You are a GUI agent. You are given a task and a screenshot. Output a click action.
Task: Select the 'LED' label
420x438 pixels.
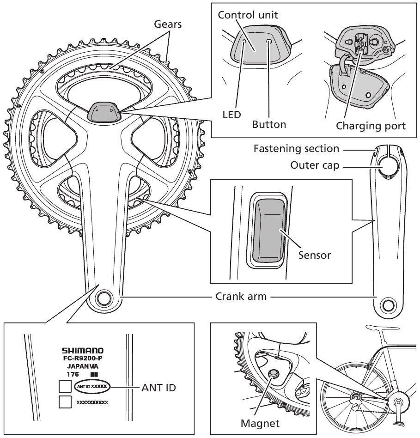point(231,114)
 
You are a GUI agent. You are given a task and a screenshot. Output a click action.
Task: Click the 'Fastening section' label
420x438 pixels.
point(296,149)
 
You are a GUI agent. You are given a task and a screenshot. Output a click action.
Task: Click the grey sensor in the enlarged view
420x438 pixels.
point(268,231)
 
